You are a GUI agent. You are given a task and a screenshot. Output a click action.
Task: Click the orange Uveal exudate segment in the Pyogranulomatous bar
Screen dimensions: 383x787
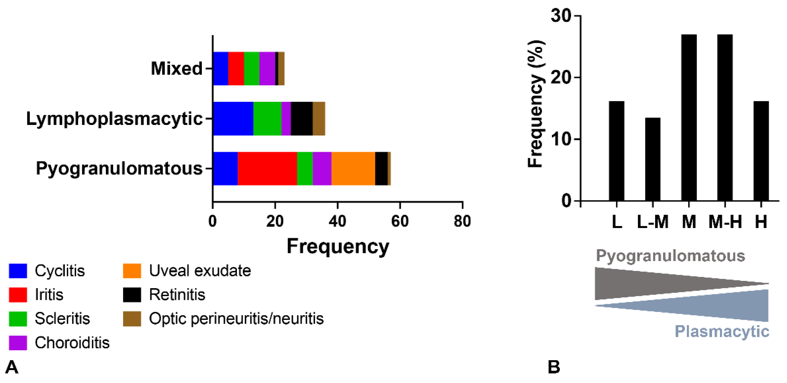[x=353, y=169]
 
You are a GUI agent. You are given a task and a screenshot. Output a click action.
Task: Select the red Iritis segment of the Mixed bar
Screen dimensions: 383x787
[x=236, y=68]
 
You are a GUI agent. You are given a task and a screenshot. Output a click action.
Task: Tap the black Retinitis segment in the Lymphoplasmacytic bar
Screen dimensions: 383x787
[x=301, y=118]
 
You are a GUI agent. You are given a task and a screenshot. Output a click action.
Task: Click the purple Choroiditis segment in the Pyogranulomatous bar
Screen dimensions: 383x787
[x=322, y=169]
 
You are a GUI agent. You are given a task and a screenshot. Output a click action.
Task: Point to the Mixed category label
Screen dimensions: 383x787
[x=177, y=68]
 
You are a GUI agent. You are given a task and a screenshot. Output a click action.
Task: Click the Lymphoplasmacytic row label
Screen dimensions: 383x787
[x=114, y=118]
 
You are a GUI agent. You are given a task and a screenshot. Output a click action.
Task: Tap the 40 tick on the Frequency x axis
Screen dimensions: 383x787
[x=337, y=221]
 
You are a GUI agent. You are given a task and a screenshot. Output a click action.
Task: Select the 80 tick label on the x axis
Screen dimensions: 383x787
[x=462, y=221]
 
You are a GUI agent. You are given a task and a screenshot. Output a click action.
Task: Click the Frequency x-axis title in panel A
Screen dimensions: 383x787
[x=338, y=246]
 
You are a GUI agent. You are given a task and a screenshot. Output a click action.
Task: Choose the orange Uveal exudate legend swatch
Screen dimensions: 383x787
[x=132, y=271]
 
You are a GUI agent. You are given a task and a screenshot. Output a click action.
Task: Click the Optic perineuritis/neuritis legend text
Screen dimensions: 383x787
[x=236, y=319]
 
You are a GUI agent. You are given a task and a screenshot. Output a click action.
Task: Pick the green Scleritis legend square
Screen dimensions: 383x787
[x=18, y=319]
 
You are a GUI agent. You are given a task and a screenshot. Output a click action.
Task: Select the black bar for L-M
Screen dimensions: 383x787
[x=653, y=159]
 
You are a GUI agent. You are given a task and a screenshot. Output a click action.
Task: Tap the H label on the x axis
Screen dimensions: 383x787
[x=761, y=222]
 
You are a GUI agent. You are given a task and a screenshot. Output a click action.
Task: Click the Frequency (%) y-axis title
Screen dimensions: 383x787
[x=536, y=104]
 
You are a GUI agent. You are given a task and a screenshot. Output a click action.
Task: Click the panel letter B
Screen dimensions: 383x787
[x=554, y=367]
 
